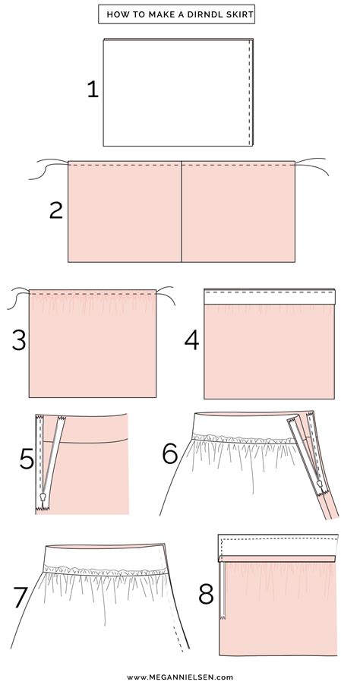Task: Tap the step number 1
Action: point(93,90)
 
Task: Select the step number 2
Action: point(55,210)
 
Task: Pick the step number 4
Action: point(191,339)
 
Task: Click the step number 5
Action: point(27,460)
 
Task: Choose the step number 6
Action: point(171,454)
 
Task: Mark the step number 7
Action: point(22,598)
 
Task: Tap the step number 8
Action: point(206,594)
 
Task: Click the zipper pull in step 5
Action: point(44,498)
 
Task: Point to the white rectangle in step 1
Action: point(176,91)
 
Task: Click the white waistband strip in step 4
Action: point(270,296)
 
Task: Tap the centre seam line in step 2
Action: point(182,213)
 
